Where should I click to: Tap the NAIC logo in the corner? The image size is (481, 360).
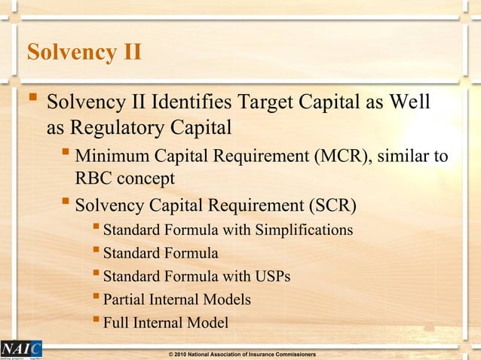(x=21, y=349)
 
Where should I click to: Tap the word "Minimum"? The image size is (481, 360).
(x=112, y=157)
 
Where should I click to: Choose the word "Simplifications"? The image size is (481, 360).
(x=303, y=229)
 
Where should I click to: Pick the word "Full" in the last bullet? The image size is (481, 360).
(x=116, y=323)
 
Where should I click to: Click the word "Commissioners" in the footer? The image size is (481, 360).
(x=290, y=354)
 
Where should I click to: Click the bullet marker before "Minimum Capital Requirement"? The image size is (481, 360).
(x=66, y=156)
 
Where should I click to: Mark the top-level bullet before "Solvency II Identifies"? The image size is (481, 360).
(x=32, y=100)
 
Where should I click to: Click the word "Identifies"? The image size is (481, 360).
(x=195, y=102)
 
